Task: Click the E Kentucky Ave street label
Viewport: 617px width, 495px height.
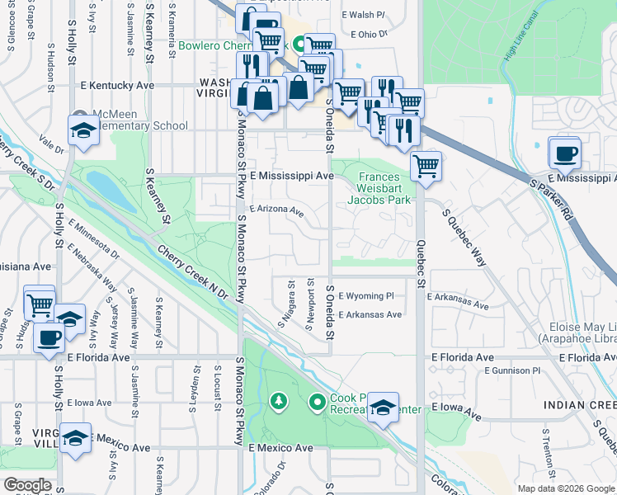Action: (117, 85)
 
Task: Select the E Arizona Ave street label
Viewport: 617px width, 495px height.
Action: (276, 210)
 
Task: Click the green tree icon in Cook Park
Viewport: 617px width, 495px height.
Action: (279, 402)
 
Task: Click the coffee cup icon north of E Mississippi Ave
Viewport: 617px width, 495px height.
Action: (565, 153)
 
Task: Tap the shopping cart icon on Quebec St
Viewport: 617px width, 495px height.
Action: (426, 166)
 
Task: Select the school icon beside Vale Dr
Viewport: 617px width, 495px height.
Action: (83, 132)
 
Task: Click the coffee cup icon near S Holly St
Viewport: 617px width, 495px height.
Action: (49, 337)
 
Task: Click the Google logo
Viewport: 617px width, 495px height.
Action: (27, 485)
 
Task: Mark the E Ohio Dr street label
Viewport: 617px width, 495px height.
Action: (368, 35)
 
